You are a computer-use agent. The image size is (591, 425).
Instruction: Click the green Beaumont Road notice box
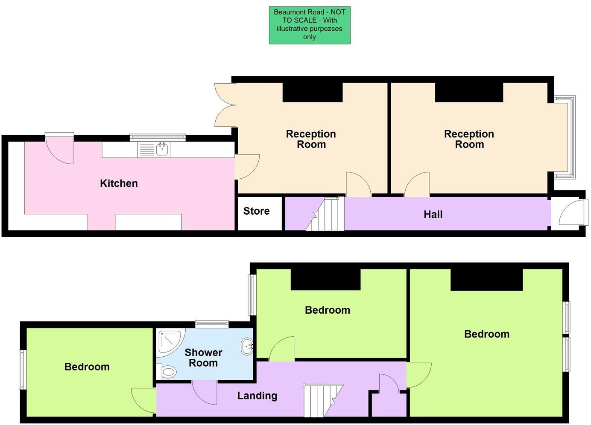309,25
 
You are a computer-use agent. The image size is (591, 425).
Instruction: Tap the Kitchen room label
119,183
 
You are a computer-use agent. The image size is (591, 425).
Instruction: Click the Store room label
256,211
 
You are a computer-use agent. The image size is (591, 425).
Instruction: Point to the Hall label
433,215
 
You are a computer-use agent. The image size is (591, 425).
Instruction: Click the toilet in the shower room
167,372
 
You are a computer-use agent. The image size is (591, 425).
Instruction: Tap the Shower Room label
203,358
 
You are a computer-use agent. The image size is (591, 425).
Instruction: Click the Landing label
257,396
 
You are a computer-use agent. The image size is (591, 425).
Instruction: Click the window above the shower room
212,324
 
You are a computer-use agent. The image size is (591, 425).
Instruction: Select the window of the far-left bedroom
23,370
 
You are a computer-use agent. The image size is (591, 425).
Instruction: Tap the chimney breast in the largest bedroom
486,280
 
